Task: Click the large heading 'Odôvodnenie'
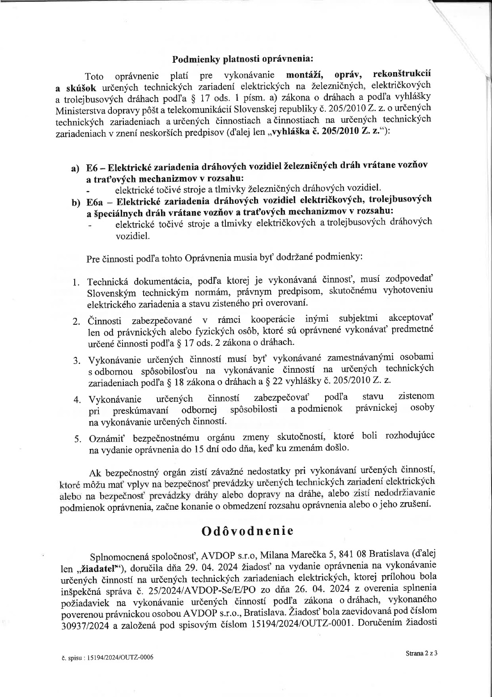[x=247, y=531]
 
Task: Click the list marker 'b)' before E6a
[x=76, y=202]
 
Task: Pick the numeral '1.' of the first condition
[x=76, y=282]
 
